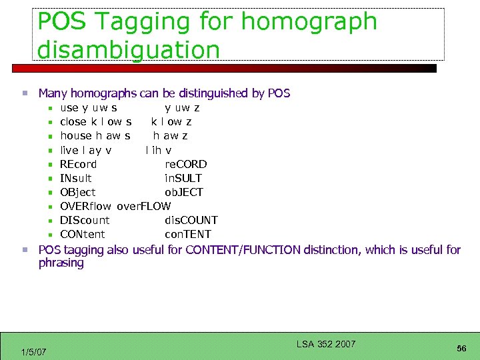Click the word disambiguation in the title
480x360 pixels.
coord(129,49)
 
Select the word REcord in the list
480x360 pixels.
coord(78,164)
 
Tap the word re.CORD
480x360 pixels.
coord(186,164)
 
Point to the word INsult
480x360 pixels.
coord(76,178)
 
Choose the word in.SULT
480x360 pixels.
coord(183,178)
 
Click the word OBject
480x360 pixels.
coord(77,192)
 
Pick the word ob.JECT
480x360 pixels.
coord(184,192)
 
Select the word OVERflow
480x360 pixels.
coord(85,206)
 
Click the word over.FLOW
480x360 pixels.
coord(144,206)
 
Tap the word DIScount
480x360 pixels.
coord(85,220)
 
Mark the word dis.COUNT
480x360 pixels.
coord(191,220)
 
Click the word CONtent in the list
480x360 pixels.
coord(82,234)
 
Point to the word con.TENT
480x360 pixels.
coord(188,234)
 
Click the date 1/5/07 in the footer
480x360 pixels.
coord(33,352)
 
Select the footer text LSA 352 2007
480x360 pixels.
coord(325,344)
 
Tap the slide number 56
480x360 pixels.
coord(461,349)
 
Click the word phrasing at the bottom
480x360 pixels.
coord(61,263)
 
